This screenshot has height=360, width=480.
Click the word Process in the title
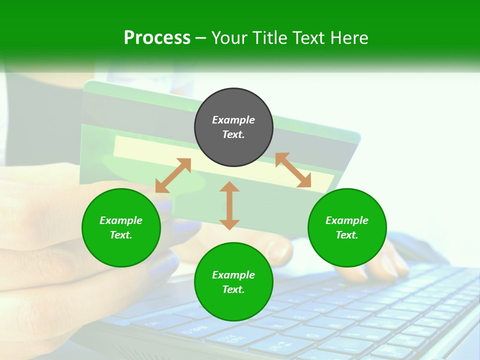pyautogui.click(x=157, y=38)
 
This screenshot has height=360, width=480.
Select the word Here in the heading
pyautogui.click(x=348, y=38)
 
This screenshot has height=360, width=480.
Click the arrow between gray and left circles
pyautogui.click(x=173, y=175)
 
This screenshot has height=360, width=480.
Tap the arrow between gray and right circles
pyautogui.click(x=293, y=170)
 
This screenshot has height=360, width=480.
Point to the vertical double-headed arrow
pyautogui.click(x=229, y=205)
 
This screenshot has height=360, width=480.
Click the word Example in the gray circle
pyautogui.click(x=233, y=120)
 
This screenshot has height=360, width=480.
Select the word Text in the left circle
pyautogui.click(x=121, y=235)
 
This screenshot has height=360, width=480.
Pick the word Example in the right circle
pyautogui.click(x=347, y=220)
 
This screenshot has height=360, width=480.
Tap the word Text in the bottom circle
pyautogui.click(x=233, y=289)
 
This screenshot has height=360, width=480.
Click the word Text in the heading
pyautogui.click(x=309, y=38)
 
